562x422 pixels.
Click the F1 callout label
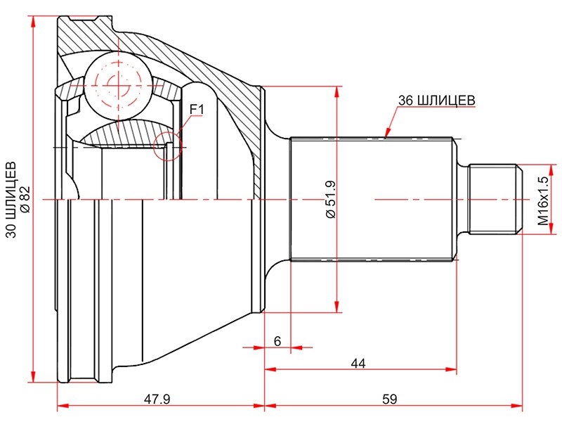(x=197, y=109)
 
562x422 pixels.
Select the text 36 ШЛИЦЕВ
(x=436, y=100)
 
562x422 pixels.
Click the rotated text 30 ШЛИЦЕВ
(x=11, y=200)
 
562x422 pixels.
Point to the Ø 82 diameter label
(x=27, y=200)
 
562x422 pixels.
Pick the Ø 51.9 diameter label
(x=330, y=200)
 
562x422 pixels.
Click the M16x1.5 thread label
(x=543, y=200)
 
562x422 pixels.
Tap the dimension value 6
(x=277, y=341)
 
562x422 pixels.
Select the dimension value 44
(x=358, y=364)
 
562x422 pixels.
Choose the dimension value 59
(x=390, y=399)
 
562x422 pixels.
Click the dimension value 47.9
(x=157, y=399)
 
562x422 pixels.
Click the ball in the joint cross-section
(x=117, y=85)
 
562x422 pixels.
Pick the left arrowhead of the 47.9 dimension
(x=63, y=406)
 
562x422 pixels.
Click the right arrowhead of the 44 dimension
(x=451, y=369)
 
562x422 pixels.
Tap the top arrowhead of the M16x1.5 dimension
(x=551, y=170)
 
